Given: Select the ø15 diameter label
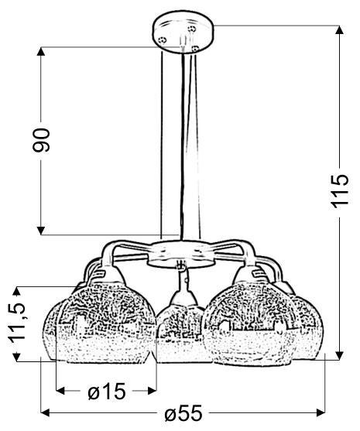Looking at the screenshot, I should [106, 392].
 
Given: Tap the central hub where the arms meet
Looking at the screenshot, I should [180, 252].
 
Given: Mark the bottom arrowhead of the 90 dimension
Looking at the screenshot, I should [42, 228].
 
